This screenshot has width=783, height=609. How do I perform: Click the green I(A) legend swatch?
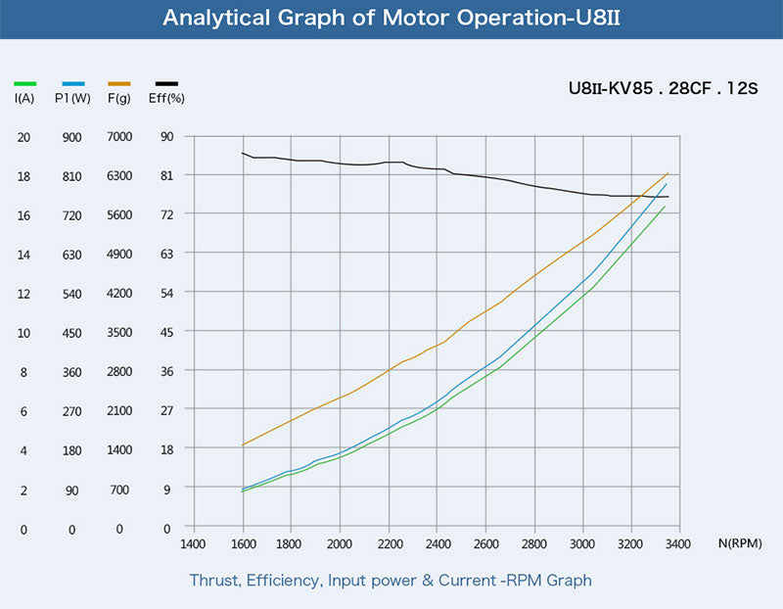coord(25,84)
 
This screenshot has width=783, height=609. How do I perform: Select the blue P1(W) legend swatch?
coord(73,84)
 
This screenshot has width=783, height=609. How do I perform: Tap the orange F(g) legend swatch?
coord(119,84)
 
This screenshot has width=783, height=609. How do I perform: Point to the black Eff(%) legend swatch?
coord(166,84)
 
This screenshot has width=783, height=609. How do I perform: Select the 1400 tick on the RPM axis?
coord(193,543)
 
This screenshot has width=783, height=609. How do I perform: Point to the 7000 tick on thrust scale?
coord(119,137)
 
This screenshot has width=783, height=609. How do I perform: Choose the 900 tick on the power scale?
coord(71,137)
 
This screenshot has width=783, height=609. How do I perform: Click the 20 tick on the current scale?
coord(23,137)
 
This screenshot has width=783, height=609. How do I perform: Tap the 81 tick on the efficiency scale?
coord(166,175)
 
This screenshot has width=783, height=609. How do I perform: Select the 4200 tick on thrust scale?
coord(119,294)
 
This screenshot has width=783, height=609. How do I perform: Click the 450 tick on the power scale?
coord(71,333)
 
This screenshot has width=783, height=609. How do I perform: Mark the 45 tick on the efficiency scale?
coord(166,332)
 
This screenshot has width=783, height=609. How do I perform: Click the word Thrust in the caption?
coord(213,581)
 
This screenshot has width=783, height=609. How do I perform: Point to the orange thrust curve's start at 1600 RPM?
coord(242,445)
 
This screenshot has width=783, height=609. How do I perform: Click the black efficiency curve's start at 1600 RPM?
coord(242,153)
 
